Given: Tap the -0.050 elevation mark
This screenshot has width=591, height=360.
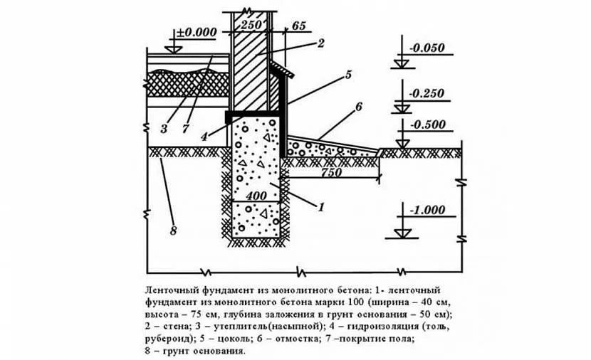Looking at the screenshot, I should click(427, 48).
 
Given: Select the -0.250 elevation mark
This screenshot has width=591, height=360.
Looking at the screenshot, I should click(427, 92).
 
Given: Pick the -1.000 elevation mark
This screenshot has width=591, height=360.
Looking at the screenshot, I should click(427, 210).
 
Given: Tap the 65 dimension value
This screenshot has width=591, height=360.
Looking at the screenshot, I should click(298, 26).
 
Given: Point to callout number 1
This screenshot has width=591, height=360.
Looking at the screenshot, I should click(321, 207).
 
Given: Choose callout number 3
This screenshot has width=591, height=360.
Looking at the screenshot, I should click(163, 129).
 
